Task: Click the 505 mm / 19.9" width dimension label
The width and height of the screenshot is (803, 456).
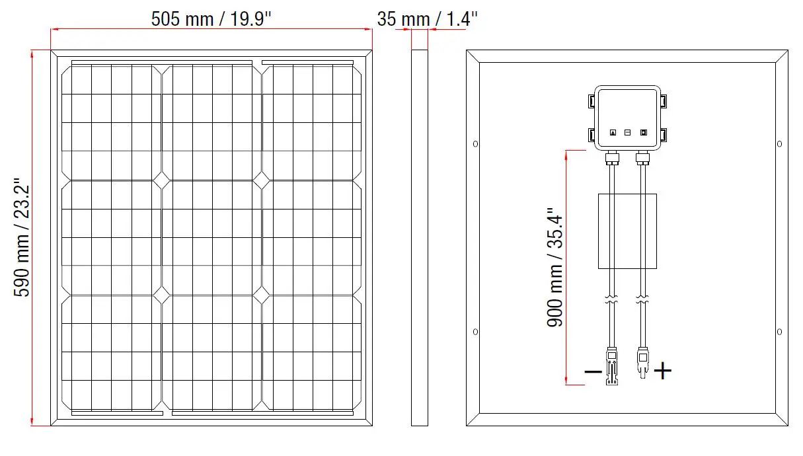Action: (x=211, y=19)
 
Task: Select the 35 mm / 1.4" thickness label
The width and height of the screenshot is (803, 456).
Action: (x=428, y=19)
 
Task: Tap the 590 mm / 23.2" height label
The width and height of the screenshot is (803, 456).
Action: (x=22, y=236)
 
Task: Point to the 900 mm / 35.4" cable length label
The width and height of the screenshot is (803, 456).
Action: (x=554, y=270)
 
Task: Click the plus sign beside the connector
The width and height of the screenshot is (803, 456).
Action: (x=663, y=371)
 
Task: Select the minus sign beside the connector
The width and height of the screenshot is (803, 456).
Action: (x=593, y=371)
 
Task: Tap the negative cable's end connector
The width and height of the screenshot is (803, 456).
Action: (x=612, y=367)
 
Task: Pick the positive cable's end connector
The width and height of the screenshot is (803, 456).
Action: (x=642, y=363)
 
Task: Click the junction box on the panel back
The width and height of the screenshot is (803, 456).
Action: (x=627, y=117)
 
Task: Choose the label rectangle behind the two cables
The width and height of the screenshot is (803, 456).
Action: (x=627, y=231)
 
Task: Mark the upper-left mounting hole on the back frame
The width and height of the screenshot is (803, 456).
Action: (x=476, y=143)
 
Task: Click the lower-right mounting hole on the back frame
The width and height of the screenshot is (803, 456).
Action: (x=779, y=331)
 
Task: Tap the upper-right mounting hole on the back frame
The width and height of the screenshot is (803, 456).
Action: (x=779, y=143)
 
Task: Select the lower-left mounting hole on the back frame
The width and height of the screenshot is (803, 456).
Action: (x=476, y=331)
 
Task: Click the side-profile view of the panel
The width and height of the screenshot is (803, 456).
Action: (x=420, y=237)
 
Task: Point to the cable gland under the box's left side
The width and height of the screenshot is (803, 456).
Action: (x=612, y=158)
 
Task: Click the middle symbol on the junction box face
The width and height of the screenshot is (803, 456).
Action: (x=627, y=132)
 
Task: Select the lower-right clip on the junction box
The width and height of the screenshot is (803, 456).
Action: (x=664, y=135)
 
